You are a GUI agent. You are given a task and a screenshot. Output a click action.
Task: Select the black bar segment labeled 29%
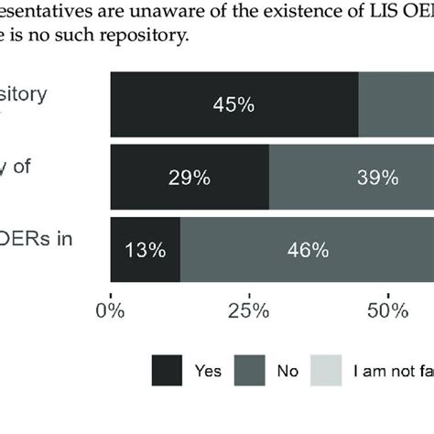click(x=190, y=177)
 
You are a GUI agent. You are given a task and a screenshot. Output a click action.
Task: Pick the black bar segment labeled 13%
click(x=145, y=249)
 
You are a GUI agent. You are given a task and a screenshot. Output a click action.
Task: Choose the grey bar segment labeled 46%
click(x=307, y=249)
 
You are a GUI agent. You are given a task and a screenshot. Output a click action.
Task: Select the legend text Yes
click(x=207, y=373)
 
